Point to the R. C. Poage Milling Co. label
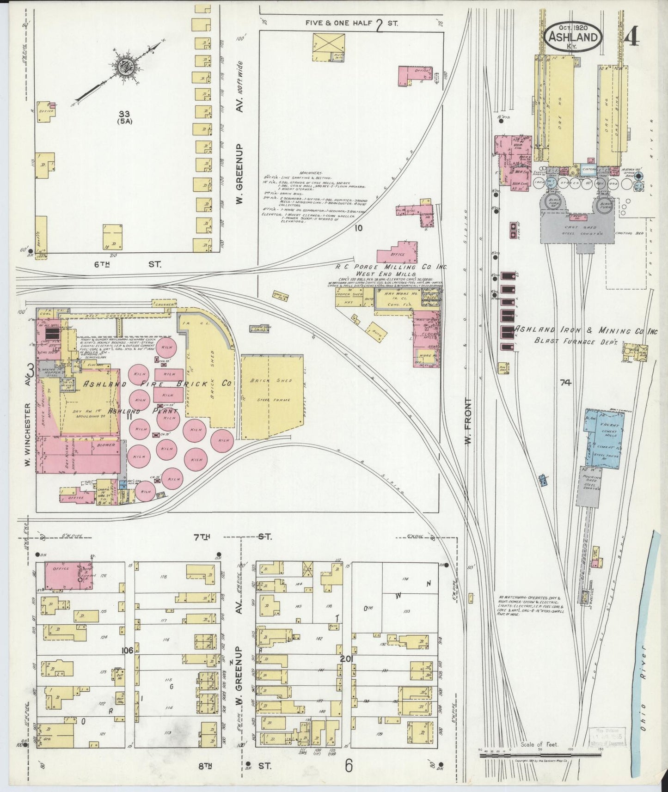[389, 268]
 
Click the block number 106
[128, 650]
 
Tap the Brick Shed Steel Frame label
[270, 389]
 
